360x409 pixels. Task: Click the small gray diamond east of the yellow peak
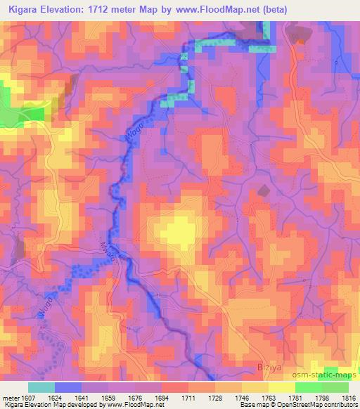click(264, 190)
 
